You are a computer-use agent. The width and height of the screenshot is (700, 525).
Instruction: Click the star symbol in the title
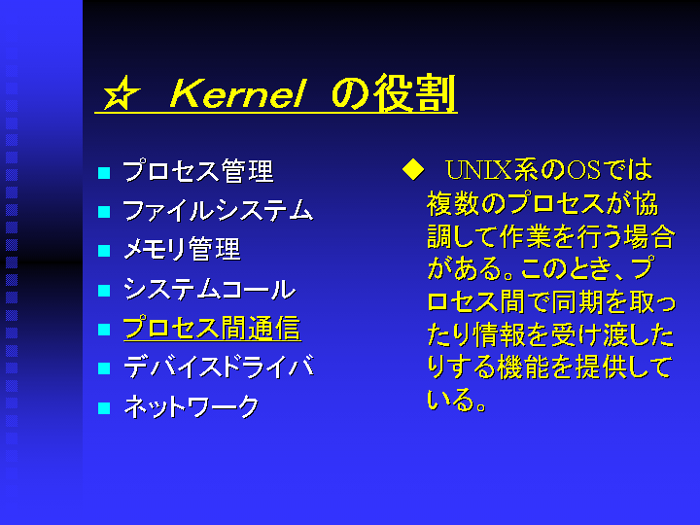121,93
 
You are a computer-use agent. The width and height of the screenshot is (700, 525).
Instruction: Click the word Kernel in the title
238,93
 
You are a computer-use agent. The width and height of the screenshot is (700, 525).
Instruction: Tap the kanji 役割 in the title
415,93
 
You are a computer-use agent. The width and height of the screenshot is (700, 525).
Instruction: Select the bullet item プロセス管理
197,171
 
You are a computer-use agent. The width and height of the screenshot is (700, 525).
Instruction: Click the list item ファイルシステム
218,210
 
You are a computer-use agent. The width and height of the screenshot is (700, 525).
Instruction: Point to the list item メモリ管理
182,249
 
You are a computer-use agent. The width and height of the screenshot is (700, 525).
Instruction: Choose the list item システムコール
209,289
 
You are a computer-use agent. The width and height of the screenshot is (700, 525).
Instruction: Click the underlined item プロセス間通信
212,329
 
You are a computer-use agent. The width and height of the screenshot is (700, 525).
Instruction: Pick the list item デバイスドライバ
219,367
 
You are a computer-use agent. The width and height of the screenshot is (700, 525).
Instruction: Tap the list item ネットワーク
192,406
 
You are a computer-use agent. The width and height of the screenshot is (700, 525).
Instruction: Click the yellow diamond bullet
413,170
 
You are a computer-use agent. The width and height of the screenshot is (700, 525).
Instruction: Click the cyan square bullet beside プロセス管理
104,173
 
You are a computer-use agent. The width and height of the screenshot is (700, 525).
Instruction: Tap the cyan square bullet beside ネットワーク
104,408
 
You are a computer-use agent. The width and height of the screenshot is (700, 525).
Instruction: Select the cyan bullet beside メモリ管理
104,251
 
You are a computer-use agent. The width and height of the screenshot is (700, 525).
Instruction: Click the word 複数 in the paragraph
453,203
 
